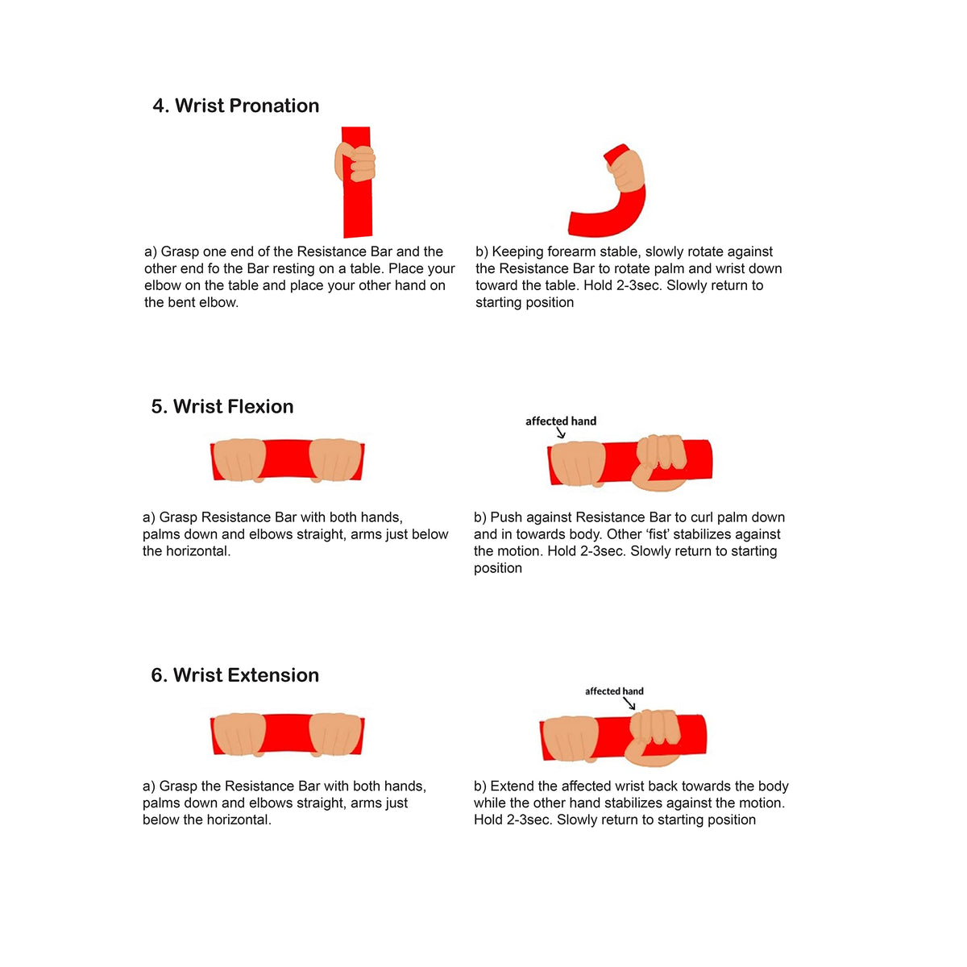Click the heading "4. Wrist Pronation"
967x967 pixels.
(x=235, y=106)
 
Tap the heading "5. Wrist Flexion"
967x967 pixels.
(x=222, y=406)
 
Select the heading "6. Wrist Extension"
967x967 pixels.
(x=234, y=675)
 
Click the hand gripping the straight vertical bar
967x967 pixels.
(x=355, y=162)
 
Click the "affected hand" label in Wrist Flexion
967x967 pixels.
(x=561, y=421)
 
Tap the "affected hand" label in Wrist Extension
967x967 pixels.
(x=614, y=691)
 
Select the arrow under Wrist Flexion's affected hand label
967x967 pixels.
(x=561, y=433)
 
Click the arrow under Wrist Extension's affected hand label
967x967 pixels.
(x=629, y=703)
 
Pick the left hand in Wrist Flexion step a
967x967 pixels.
(x=239, y=460)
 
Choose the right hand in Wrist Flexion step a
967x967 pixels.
(x=335, y=460)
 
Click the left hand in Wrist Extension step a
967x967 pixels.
(x=239, y=734)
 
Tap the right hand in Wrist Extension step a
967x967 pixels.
(x=335, y=734)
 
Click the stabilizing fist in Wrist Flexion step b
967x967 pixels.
(x=659, y=463)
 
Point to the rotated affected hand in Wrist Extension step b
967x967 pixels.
(x=654, y=737)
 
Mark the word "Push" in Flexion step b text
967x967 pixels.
(x=506, y=517)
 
